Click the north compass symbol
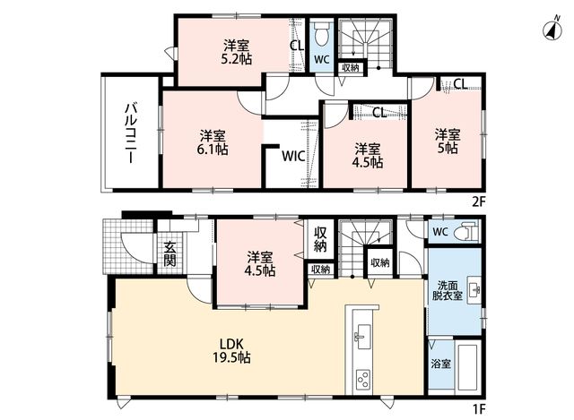coord(552,30)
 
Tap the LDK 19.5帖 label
coord(231,350)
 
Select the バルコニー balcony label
coord(131,133)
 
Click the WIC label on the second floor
coord(293,157)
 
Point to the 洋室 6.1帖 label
coord(213,142)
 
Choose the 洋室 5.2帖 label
coord(237,52)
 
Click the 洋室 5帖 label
coord(448,141)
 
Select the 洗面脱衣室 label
coord(448,291)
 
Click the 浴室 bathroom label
coord(440,364)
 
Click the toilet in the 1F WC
coord(465,232)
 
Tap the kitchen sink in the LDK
coord(363,337)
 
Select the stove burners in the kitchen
coord(363,380)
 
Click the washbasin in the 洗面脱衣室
coord(474,291)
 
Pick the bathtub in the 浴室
coord(467,367)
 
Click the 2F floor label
coord(478,202)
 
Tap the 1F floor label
coord(478,409)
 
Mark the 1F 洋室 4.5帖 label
coord(260,264)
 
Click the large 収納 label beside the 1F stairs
coord(320,239)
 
